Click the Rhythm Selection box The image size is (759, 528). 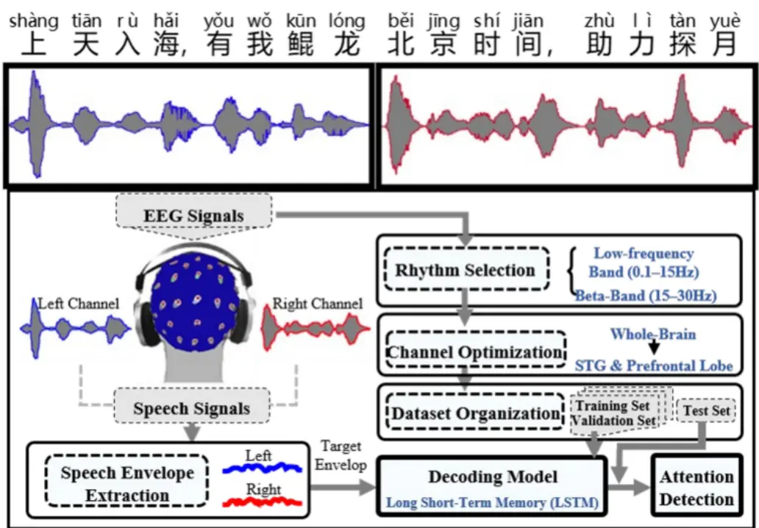pos(466,270)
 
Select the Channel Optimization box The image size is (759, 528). pos(474,352)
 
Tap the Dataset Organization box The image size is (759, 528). pos(475,413)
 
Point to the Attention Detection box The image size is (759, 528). pos(696,488)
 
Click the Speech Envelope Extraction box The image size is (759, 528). pos(127,484)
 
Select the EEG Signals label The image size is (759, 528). pos(193,215)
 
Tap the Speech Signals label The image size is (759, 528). pos(191,409)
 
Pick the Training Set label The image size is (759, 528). pos(612,406)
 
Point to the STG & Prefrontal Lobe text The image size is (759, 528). pos(653,365)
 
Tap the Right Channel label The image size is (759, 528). pos(317,303)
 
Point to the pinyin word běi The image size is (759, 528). pos(401,21)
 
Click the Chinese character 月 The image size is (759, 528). pos(724,46)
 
